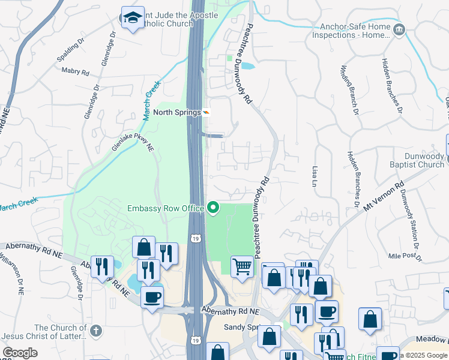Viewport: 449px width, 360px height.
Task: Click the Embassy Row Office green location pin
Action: (x=213, y=208)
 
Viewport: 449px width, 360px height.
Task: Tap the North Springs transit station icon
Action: (x=206, y=112)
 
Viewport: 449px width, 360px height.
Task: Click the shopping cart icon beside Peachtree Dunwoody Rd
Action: (x=242, y=266)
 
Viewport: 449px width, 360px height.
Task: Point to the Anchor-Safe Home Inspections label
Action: (x=351, y=31)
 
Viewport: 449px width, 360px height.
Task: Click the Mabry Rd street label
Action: (x=76, y=71)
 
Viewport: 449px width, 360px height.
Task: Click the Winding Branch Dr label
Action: (x=349, y=89)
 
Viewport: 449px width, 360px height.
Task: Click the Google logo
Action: (x=20, y=353)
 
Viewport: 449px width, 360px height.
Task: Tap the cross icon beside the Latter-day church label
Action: (x=95, y=331)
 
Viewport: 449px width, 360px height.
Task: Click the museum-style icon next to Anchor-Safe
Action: (x=399, y=29)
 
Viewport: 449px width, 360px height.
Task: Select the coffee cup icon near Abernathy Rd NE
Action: (x=152, y=296)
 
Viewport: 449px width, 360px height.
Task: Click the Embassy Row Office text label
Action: (x=166, y=209)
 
